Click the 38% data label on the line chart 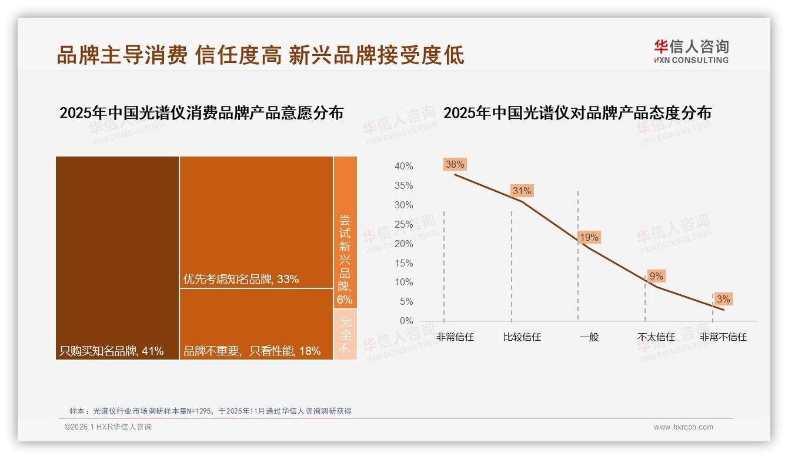[455, 165]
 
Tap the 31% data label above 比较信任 [522, 191]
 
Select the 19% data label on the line [589, 237]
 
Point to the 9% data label [656, 276]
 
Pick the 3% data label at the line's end [723, 299]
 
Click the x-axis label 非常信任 [455, 337]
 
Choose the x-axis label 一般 [589, 337]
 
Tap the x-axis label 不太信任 [656, 337]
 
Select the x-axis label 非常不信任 [723, 337]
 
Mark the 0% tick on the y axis [406, 321]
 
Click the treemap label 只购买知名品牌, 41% [112, 351]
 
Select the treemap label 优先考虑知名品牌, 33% [241, 280]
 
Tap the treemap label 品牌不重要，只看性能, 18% [252, 351]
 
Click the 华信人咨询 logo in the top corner [691, 51]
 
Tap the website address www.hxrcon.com [683, 427]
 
